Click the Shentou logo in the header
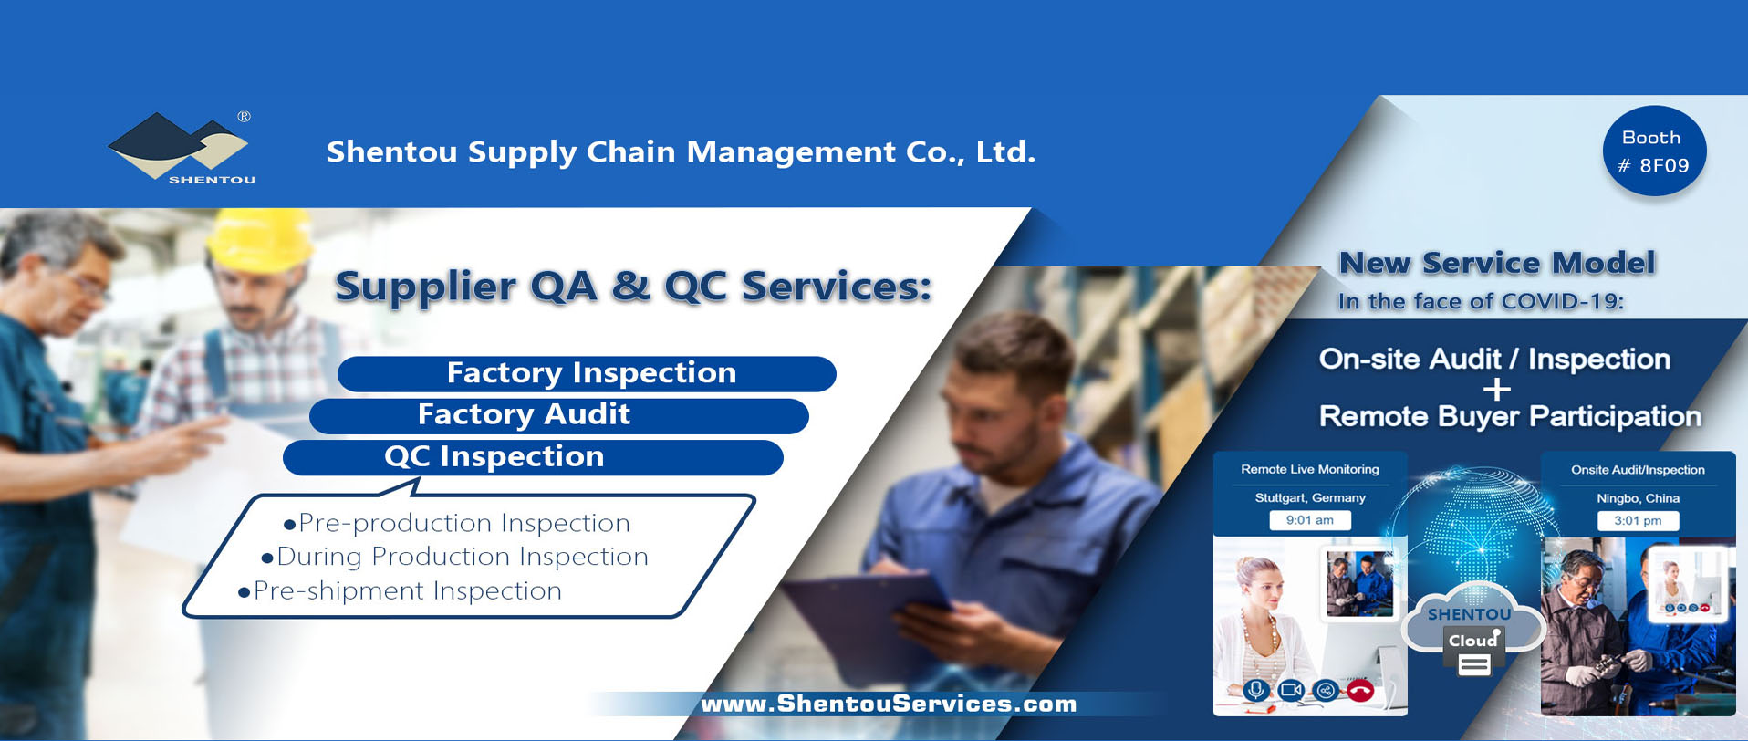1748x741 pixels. [181, 148]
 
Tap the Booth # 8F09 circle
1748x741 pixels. [1654, 151]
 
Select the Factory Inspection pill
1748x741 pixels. [587, 373]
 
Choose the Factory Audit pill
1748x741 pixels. [559, 415]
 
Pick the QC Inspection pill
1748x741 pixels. [533, 457]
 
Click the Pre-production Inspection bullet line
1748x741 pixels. [457, 523]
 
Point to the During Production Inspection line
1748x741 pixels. [454, 557]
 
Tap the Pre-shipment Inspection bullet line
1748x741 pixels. [400, 591]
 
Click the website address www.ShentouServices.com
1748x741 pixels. [889, 704]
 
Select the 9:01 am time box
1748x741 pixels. [1310, 520]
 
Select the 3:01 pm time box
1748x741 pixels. [1638, 521]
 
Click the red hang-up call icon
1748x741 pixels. [1360, 691]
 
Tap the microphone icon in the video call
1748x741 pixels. [1256, 691]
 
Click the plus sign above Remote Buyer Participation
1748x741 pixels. [1496, 390]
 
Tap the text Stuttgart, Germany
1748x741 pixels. [1310, 498]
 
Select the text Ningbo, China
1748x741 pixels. [1638, 499]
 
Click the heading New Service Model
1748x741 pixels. [1496, 264]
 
